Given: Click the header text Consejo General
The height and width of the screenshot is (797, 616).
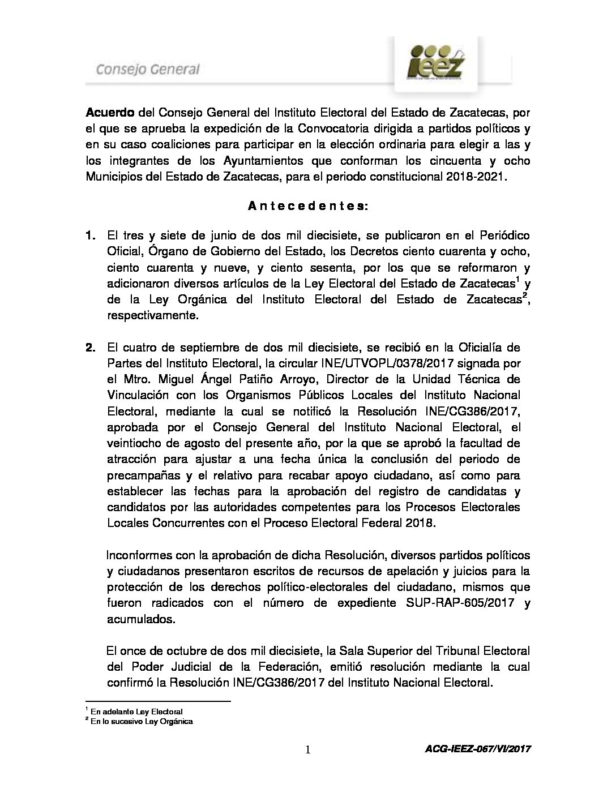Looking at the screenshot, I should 147,70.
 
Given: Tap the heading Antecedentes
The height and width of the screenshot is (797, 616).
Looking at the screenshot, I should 308,207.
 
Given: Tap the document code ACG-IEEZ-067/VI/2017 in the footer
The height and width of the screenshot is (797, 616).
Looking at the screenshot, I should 477,749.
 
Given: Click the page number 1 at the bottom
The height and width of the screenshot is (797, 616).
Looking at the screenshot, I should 307,750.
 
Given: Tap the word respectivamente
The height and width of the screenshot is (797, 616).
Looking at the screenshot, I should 153,315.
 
